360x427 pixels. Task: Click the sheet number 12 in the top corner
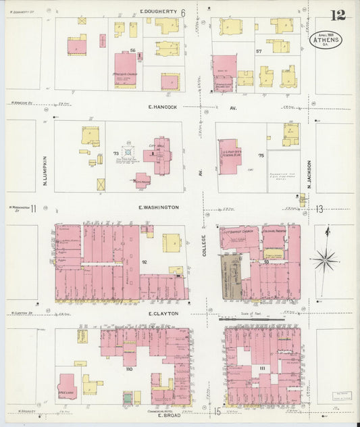point(338,16)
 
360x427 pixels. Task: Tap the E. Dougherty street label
point(158,12)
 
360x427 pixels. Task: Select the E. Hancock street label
point(163,107)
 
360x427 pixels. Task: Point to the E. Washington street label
point(159,207)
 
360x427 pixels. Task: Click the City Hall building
point(157,159)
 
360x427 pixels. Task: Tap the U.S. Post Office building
point(230,157)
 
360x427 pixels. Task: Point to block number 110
point(128,370)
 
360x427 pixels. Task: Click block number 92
point(144,261)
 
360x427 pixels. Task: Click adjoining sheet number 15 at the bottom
point(217,411)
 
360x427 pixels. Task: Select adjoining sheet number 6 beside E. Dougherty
point(183,13)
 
